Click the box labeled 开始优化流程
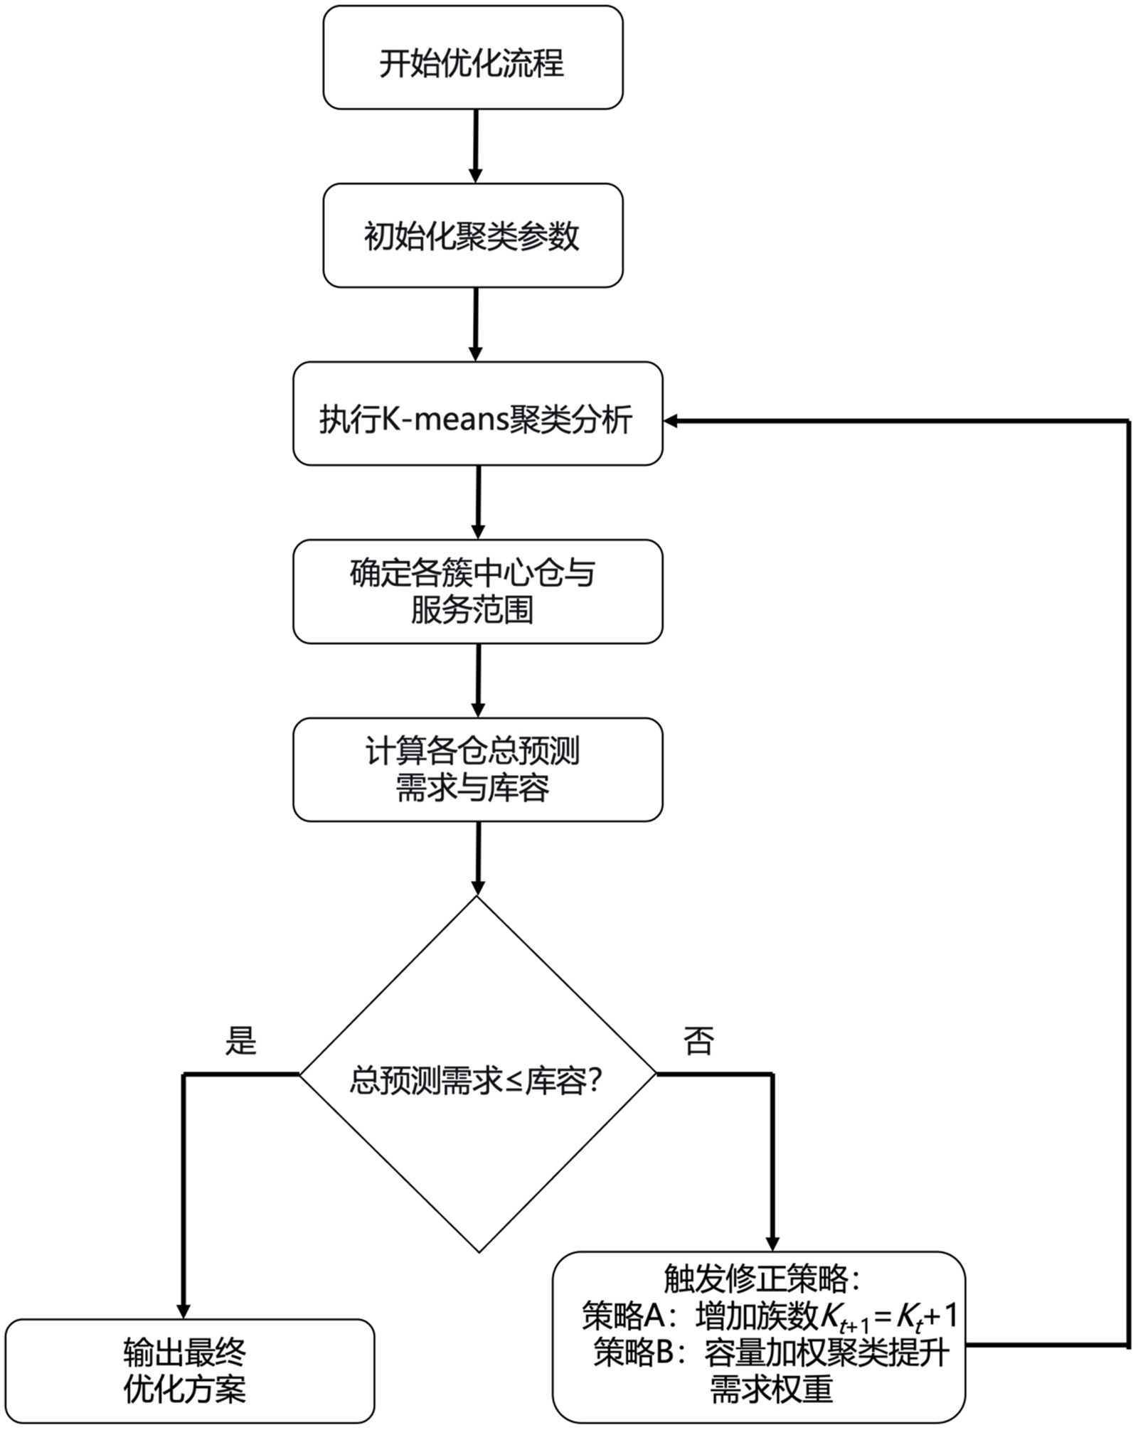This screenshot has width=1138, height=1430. (x=473, y=58)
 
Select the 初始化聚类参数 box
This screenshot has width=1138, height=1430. (x=473, y=235)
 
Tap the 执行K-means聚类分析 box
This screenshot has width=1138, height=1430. (x=478, y=414)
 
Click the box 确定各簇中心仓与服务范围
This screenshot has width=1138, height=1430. (x=478, y=592)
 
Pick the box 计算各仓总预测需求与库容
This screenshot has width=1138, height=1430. (x=478, y=769)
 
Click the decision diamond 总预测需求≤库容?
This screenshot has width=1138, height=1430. (x=478, y=1074)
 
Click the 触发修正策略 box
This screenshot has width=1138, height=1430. (x=760, y=1338)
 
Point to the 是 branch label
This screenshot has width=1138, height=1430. (x=240, y=1040)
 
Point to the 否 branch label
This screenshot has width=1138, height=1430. (x=698, y=1040)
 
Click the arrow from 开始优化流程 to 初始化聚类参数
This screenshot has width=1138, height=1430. (x=476, y=146)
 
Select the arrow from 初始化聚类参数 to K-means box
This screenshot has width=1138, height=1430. (x=476, y=324)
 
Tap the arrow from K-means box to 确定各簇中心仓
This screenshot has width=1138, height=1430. (x=478, y=503)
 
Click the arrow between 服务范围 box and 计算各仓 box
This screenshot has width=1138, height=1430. (x=478, y=681)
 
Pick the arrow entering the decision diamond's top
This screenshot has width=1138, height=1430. (x=478, y=858)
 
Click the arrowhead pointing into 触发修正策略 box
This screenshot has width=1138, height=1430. (x=773, y=1244)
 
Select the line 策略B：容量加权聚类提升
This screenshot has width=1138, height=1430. (x=772, y=1352)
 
